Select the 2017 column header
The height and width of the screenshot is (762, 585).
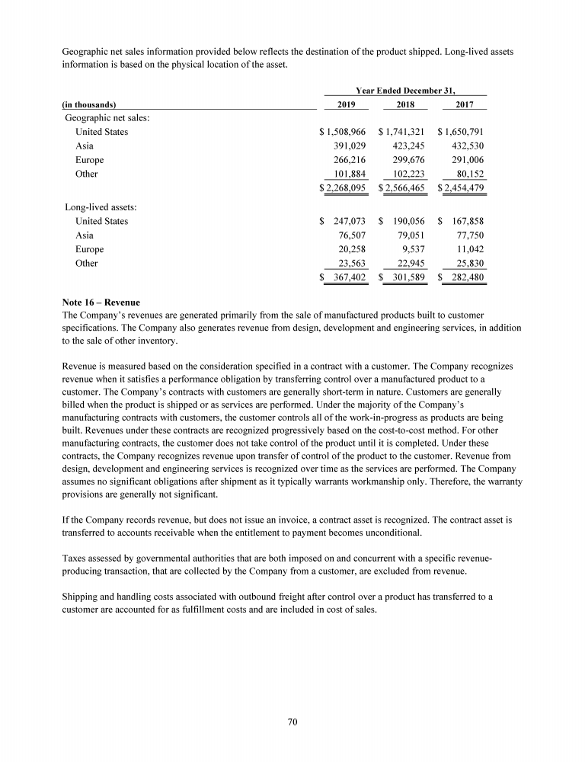click(x=464, y=104)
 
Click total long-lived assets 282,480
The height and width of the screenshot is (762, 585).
click(x=467, y=277)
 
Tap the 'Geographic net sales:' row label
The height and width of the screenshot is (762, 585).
click(x=106, y=117)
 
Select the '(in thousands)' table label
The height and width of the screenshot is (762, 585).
click(x=88, y=105)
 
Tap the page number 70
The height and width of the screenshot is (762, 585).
click(x=292, y=723)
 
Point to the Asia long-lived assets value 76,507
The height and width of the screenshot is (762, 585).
click(x=351, y=235)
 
